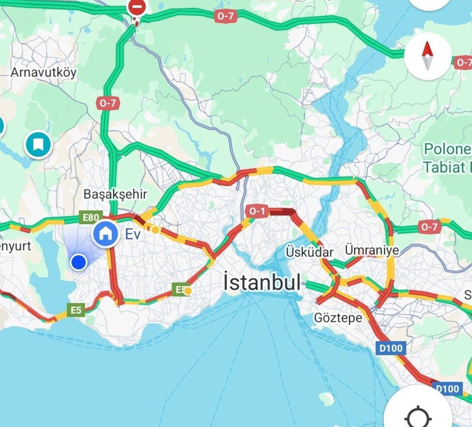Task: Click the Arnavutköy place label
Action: click(x=43, y=72)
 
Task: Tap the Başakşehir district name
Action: click(x=115, y=194)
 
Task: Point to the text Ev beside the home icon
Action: click(x=133, y=234)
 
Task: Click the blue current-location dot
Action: click(x=78, y=262)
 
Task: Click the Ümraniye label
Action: click(x=372, y=251)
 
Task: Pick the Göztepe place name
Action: click(x=338, y=318)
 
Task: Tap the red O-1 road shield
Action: click(x=257, y=211)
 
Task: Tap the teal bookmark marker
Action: click(x=38, y=144)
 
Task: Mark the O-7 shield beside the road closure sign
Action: click(x=225, y=17)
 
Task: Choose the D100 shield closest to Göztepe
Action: click(x=391, y=349)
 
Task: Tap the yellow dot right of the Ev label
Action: click(x=155, y=229)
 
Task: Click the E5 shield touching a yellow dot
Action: click(x=180, y=289)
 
